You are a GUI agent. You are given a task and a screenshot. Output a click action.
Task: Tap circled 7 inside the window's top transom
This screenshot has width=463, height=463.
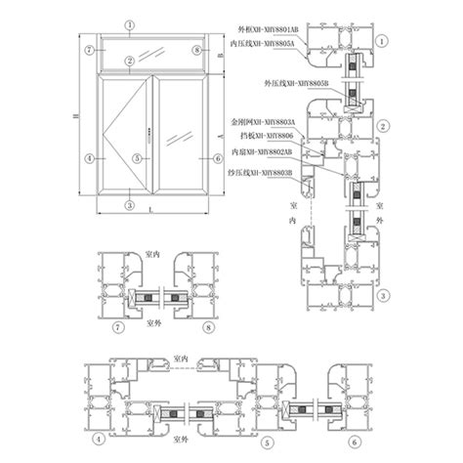(89, 49)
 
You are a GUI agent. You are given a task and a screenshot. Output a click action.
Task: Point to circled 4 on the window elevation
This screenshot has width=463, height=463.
(89, 157)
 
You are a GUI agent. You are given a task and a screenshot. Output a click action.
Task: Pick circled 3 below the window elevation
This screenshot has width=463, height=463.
(131, 205)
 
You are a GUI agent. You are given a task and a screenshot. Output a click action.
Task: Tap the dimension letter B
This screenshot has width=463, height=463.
(223, 57)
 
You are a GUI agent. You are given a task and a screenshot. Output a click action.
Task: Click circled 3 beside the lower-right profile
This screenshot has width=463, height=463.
(384, 295)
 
